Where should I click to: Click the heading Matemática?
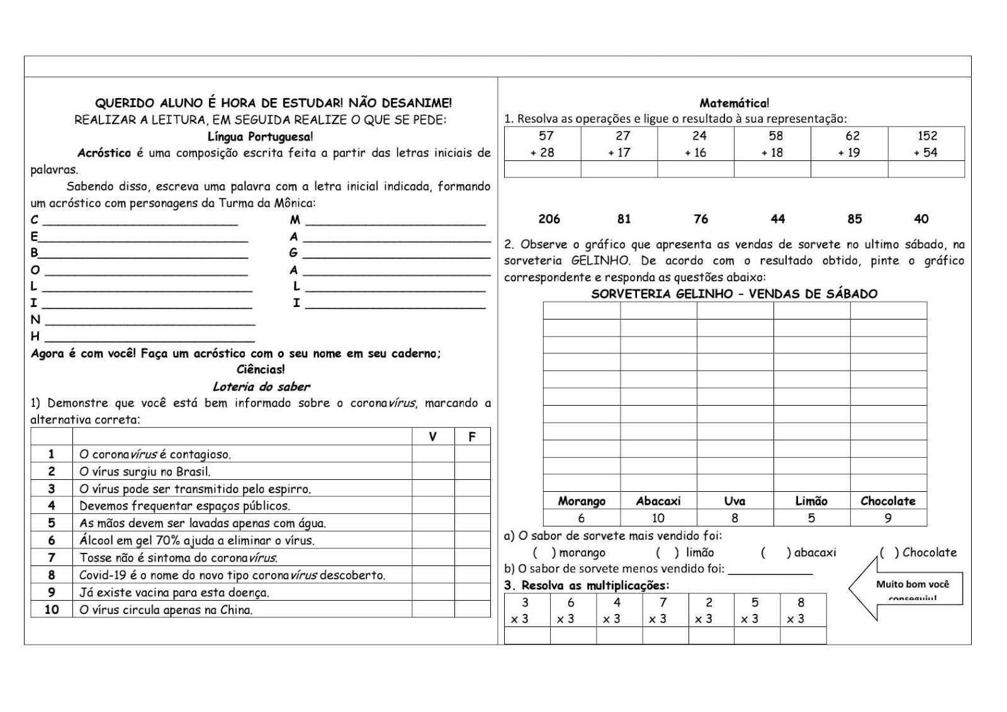click(734, 103)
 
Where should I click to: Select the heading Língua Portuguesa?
click(260, 136)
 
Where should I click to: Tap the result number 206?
click(549, 219)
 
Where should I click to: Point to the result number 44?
click(778, 219)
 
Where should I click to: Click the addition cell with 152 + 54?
click(926, 144)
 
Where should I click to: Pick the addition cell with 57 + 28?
click(543, 144)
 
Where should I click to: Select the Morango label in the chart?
click(582, 501)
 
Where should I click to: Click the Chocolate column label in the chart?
click(888, 501)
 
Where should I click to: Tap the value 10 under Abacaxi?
click(658, 518)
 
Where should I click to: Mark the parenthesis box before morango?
click(544, 553)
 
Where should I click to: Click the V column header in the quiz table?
click(432, 437)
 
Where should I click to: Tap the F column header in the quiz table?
click(472, 437)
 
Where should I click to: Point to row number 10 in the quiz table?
click(52, 609)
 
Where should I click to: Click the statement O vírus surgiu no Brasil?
click(145, 472)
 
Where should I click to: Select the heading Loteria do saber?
click(261, 387)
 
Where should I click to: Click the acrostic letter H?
click(35, 337)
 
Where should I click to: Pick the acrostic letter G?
click(293, 253)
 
